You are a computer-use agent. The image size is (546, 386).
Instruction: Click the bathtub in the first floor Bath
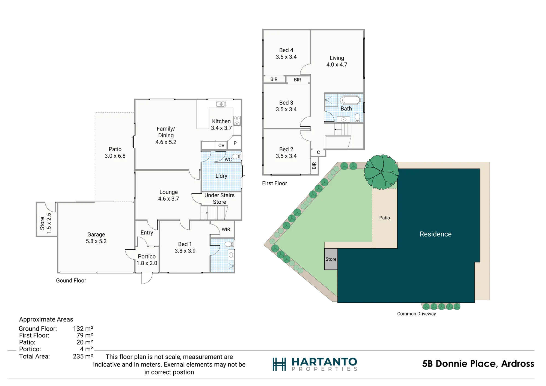pyautogui.click(x=350, y=100)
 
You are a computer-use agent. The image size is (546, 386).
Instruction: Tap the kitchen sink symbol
pyautogui.click(x=221, y=104)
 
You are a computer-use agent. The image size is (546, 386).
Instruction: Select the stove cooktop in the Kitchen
pyautogui.click(x=237, y=121)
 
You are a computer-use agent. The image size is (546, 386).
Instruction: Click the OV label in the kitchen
pyautogui.click(x=221, y=146)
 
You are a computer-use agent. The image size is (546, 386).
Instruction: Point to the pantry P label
pyautogui.click(x=235, y=143)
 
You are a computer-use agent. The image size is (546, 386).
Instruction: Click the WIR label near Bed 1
pyautogui.click(x=226, y=229)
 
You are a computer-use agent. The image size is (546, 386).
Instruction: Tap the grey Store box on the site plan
pyautogui.click(x=331, y=259)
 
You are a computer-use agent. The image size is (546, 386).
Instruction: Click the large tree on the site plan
pyautogui.click(x=381, y=172)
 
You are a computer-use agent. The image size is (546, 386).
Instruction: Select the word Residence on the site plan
pyautogui.click(x=435, y=234)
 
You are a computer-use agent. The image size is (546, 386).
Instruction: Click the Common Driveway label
pyautogui.click(x=416, y=314)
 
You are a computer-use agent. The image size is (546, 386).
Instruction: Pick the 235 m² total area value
pyautogui.click(x=83, y=356)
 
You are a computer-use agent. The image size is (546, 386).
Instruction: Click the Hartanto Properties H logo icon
pyautogui.click(x=279, y=364)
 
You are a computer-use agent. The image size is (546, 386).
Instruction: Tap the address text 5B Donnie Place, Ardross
pyautogui.click(x=478, y=364)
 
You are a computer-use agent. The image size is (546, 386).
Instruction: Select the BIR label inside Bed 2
pyautogui.click(x=314, y=166)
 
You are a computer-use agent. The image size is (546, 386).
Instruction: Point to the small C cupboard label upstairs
pyautogui.click(x=318, y=152)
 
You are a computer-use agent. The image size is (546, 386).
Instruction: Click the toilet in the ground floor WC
pyautogui.click(x=236, y=156)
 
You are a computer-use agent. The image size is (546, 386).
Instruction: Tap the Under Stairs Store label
pyautogui.click(x=219, y=198)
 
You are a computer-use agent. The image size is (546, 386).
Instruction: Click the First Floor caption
pyautogui.click(x=274, y=183)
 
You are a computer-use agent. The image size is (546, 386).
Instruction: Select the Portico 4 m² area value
pyautogui.click(x=86, y=349)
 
